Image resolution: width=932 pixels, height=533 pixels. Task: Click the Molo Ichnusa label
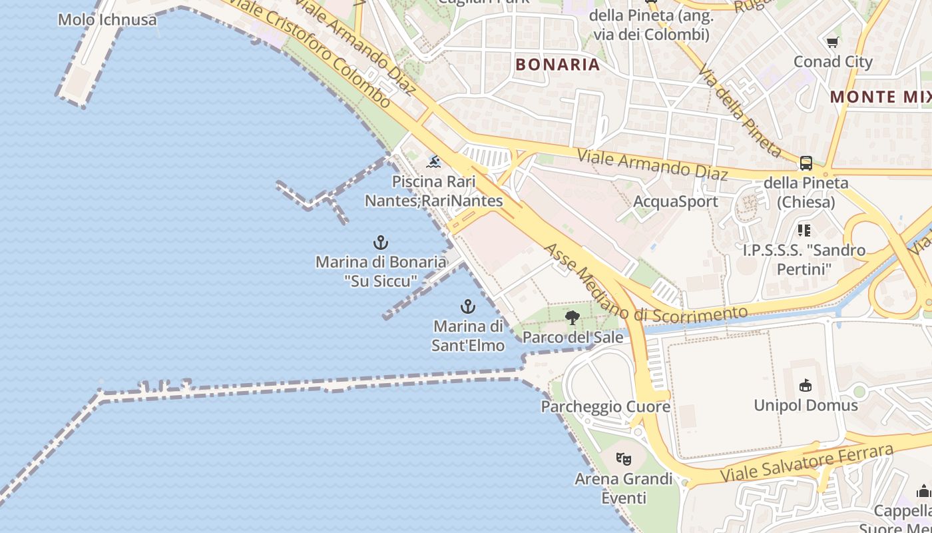[107, 19]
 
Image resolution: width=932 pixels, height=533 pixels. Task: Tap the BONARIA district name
[558, 65]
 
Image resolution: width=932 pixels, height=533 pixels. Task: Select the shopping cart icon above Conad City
[832, 43]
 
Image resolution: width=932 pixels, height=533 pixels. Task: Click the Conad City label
[833, 62]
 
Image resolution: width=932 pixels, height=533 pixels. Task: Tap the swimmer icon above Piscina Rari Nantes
[434, 162]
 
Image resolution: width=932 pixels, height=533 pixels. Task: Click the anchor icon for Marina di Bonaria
[381, 243]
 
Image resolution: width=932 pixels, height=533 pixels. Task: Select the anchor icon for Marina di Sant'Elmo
[468, 307]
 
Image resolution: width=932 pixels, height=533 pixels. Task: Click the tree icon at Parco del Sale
[572, 318]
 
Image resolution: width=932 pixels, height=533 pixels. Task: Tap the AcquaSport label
[676, 201]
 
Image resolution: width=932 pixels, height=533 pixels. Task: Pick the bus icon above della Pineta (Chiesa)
[806, 163]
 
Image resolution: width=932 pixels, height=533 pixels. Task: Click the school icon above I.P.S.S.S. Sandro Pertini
[804, 231]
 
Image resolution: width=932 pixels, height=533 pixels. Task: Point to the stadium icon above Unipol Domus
[806, 386]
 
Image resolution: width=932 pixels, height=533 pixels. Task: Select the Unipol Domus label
[806, 405]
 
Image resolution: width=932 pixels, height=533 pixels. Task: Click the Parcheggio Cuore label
[605, 406]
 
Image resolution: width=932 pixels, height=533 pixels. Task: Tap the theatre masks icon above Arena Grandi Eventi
[624, 458]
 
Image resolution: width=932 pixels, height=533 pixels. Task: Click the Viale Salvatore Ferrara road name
[807, 464]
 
